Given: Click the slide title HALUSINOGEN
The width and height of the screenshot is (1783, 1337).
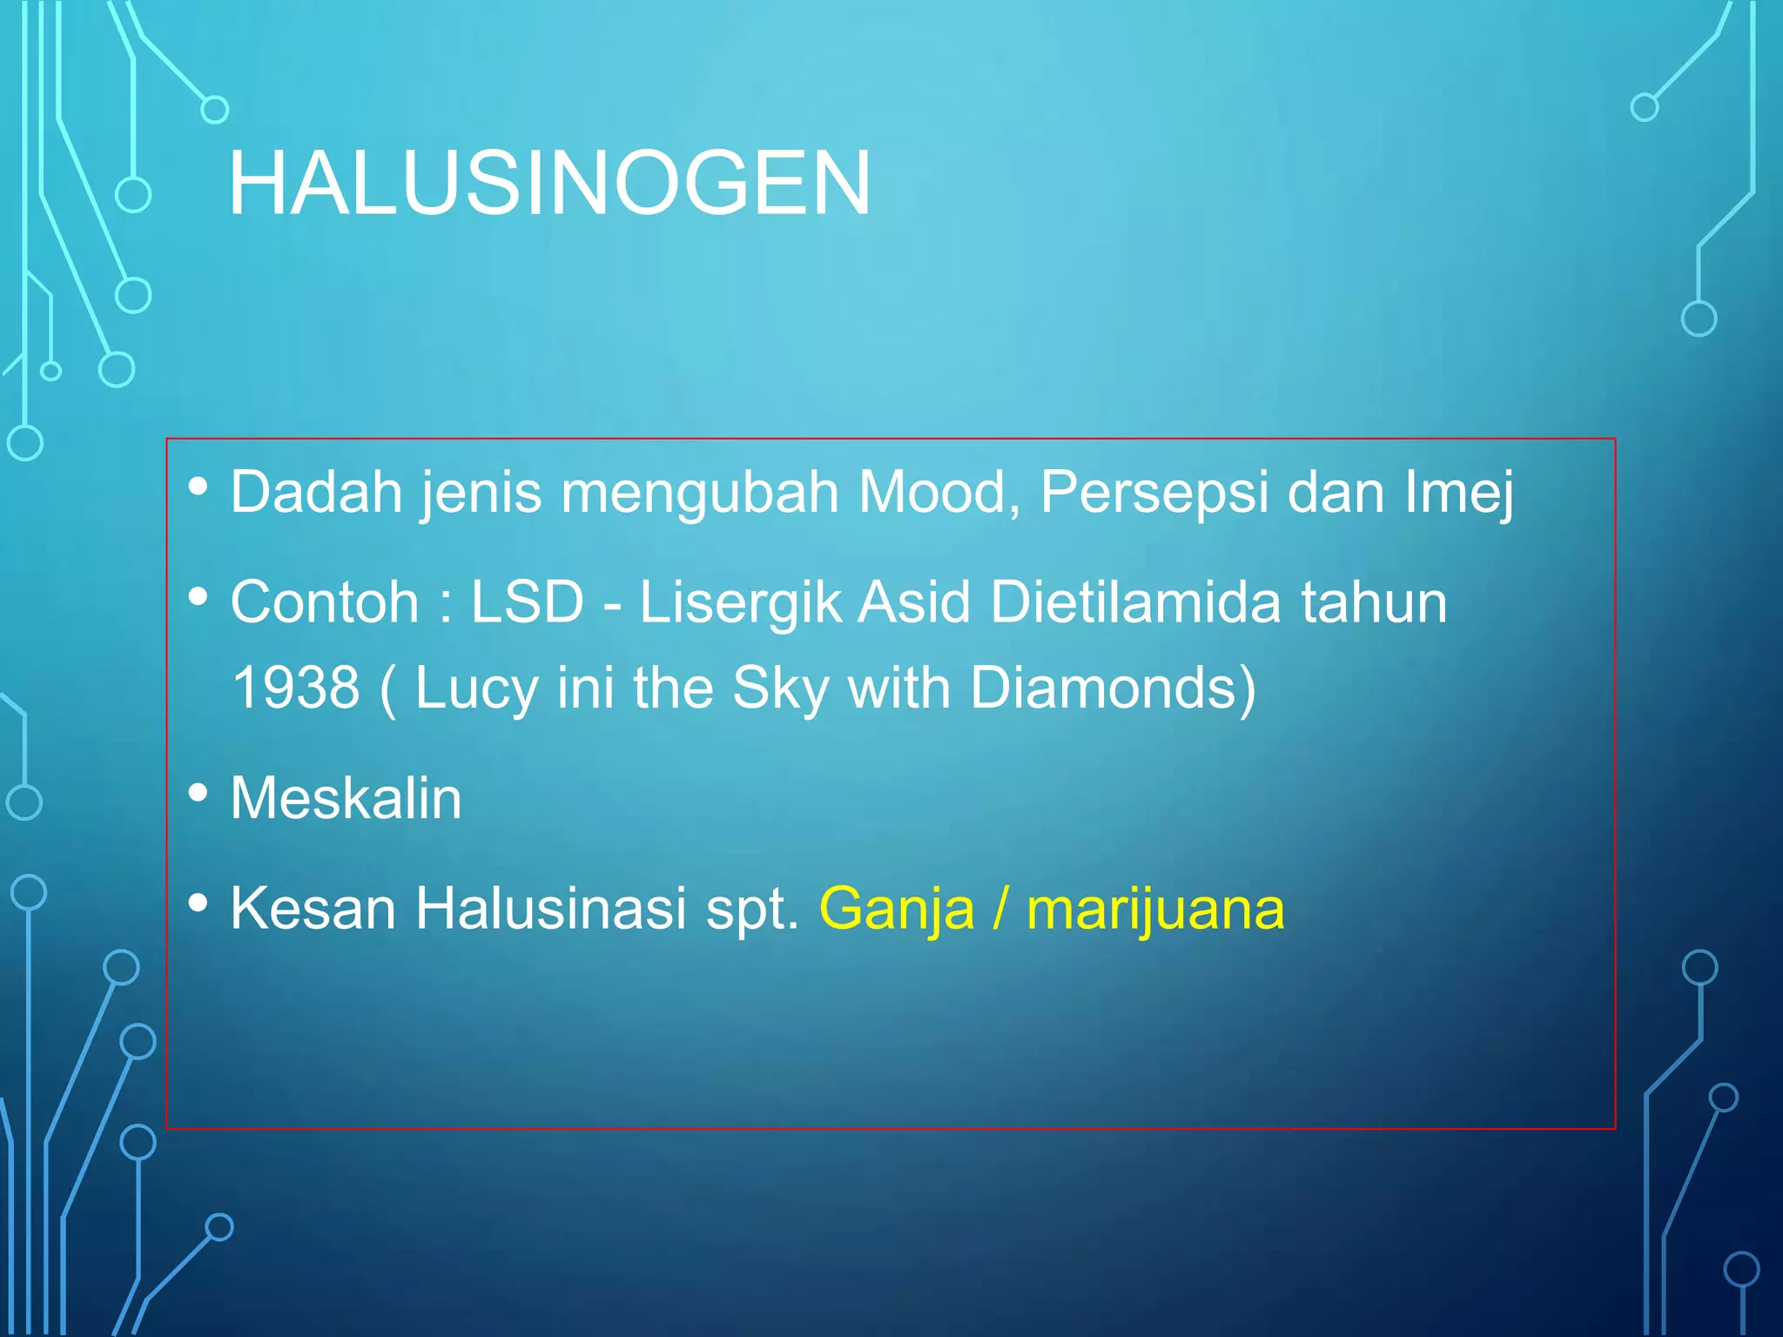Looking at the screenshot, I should click(x=548, y=183).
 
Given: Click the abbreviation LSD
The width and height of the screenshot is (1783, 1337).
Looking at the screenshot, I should click(x=527, y=602).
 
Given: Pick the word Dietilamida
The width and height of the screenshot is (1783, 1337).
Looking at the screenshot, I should click(x=1135, y=602).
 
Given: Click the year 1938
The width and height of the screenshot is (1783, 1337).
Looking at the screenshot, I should click(x=296, y=688).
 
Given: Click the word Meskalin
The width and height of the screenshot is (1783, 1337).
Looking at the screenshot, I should click(x=346, y=798).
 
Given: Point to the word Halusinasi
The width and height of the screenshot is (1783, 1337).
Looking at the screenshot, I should click(x=550, y=909).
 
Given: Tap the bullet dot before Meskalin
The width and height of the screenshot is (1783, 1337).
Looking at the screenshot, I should click(x=198, y=793).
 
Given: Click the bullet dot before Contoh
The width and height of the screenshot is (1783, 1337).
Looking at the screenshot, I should click(x=198, y=597).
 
